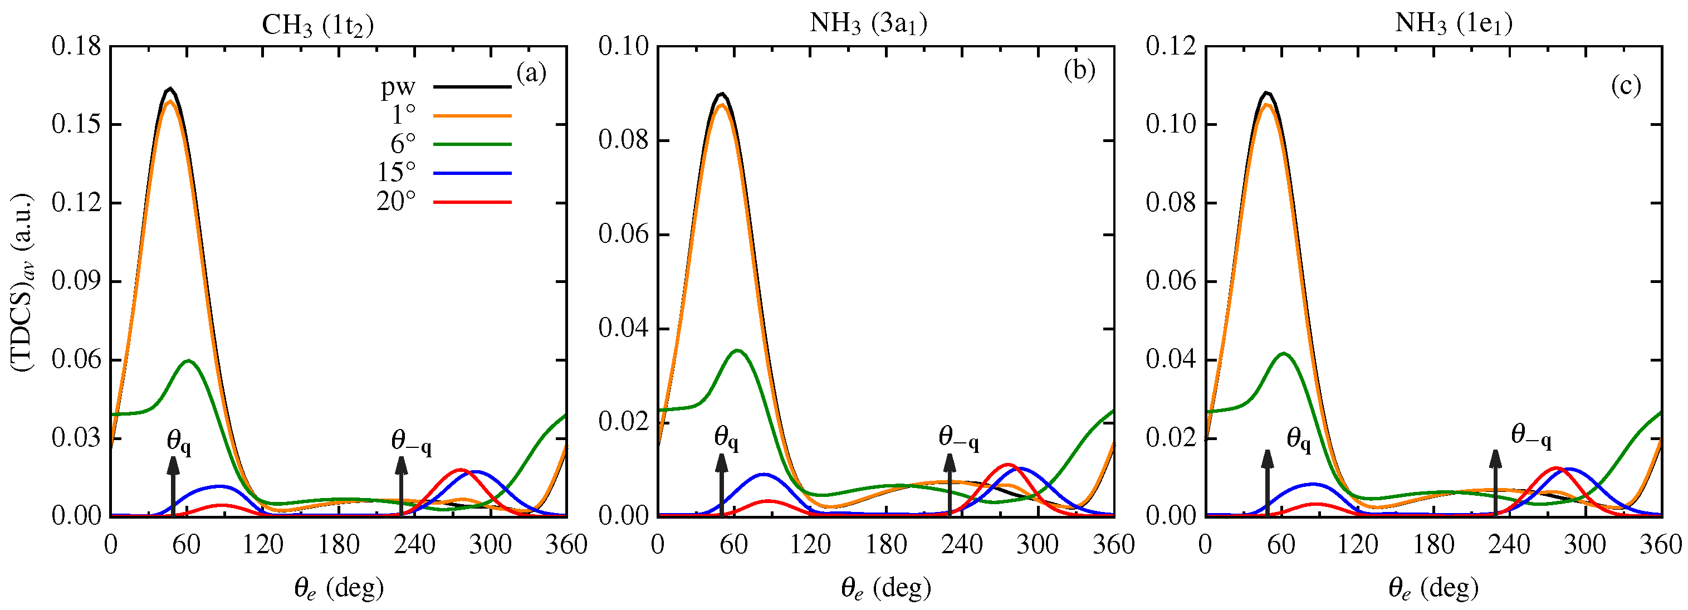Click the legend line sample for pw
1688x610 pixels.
point(472,86)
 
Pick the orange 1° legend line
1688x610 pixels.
point(472,115)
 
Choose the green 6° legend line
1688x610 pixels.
point(472,144)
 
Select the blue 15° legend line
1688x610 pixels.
point(472,173)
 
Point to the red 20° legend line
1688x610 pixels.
point(472,202)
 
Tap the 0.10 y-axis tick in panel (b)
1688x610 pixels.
point(623,47)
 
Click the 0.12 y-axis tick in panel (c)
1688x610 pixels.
point(1171,47)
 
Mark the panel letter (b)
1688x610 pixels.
point(1079,70)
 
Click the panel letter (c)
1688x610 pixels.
point(1626,85)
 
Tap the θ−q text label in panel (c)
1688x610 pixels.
point(1531,435)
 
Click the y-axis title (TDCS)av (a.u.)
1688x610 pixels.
point(23,282)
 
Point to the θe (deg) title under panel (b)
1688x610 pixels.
point(886,588)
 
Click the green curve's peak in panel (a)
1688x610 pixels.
point(189,360)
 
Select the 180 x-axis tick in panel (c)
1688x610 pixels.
point(1433,544)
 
